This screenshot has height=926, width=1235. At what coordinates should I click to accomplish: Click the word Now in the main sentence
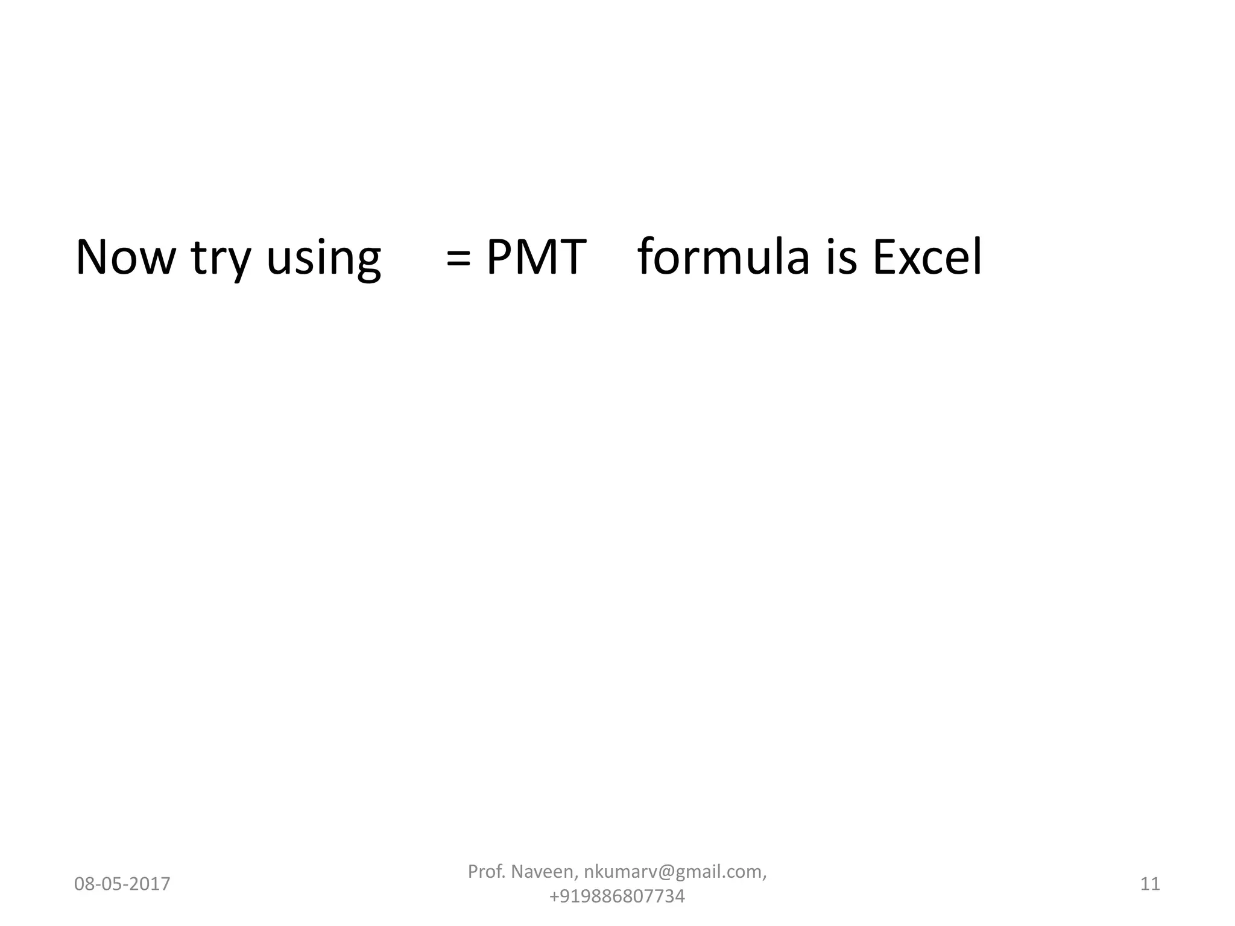(x=125, y=257)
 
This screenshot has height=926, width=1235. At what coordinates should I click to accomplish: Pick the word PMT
(x=536, y=257)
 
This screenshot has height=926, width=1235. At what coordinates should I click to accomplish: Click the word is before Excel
(x=841, y=257)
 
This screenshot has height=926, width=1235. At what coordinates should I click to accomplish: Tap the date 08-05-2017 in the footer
(x=122, y=884)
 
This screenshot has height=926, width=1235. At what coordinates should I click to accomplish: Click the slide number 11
(x=1150, y=884)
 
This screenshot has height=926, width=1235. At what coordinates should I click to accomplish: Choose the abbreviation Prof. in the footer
(x=487, y=872)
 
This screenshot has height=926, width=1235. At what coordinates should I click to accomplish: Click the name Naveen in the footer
(x=545, y=872)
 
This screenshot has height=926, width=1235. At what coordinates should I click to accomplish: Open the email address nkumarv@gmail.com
(x=675, y=872)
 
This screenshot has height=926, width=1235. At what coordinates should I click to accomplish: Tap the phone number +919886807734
(x=617, y=896)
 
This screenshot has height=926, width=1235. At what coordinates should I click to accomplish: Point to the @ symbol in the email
(x=665, y=872)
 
